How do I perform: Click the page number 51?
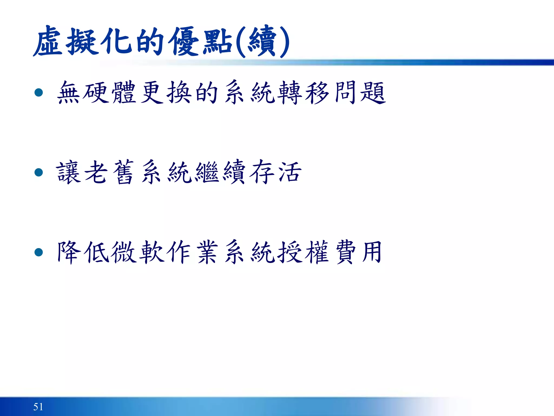pyautogui.click(x=38, y=407)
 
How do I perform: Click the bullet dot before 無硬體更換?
pyautogui.click(x=39, y=93)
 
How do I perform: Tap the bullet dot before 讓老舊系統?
pyautogui.click(x=39, y=172)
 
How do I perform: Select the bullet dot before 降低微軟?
pyautogui.click(x=39, y=252)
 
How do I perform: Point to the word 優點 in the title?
pyautogui.click(x=200, y=41)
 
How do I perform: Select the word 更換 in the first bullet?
pyautogui.click(x=166, y=93)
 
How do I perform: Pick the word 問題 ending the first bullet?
pyautogui.click(x=360, y=93)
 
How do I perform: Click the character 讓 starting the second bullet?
pyautogui.click(x=68, y=172)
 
